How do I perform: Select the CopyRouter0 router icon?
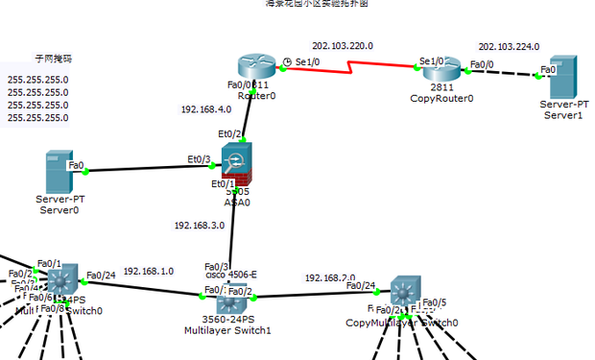(x=441, y=69)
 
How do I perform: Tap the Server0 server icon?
(x=59, y=171)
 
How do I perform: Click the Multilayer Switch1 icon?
(x=227, y=291)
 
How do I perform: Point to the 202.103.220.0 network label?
(x=343, y=45)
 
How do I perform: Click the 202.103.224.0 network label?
(x=509, y=46)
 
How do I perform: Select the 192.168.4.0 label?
(x=205, y=109)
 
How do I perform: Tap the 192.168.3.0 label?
(x=199, y=226)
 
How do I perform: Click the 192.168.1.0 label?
(x=149, y=272)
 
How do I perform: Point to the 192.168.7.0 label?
(x=330, y=277)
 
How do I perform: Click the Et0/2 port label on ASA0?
(x=229, y=134)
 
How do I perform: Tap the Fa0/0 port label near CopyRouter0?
(x=481, y=65)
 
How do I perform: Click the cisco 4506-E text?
(x=230, y=275)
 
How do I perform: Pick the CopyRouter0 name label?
(x=441, y=98)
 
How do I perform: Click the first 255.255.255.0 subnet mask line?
(x=37, y=80)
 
